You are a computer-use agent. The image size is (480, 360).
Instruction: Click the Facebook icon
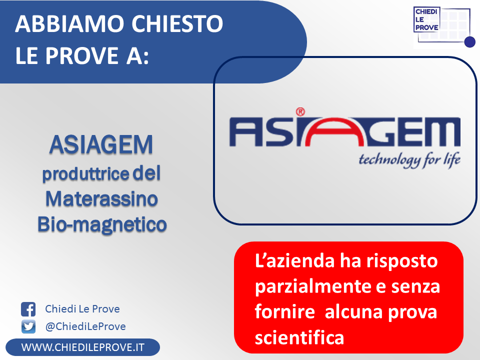pyautogui.click(x=28, y=309)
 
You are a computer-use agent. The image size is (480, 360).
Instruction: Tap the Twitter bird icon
pyautogui.click(x=28, y=326)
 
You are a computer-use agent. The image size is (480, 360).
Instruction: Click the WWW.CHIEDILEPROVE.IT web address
pyautogui.click(x=82, y=347)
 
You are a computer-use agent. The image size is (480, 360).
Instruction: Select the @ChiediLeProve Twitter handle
pyautogui.click(x=85, y=326)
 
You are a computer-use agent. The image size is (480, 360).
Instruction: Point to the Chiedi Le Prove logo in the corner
pyautogui.click(x=444, y=27)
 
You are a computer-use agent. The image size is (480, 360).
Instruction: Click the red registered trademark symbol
pyautogui.click(x=300, y=112)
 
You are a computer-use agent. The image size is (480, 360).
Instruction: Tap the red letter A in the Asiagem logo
pyautogui.click(x=335, y=132)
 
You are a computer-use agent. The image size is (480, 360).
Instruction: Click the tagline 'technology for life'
pyautogui.click(x=409, y=160)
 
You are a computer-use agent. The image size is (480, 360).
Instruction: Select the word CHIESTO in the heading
pyautogui.click(x=177, y=23)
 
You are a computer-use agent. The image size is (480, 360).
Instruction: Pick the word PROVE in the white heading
pyautogui.click(x=82, y=55)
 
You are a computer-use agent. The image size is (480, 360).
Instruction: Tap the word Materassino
pyautogui.click(x=101, y=199)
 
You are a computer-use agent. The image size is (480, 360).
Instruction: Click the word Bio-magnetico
pyautogui.click(x=102, y=225)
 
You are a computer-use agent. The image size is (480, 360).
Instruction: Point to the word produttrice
pyautogui.click(x=85, y=174)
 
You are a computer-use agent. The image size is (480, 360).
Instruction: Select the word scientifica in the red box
pyautogui.click(x=299, y=337)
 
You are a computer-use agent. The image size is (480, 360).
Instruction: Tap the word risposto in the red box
pyautogui.click(x=402, y=261)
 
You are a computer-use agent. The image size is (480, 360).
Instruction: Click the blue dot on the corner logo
pyautogui.click(x=470, y=42)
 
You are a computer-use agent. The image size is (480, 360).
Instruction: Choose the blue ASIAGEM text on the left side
pyautogui.click(x=101, y=144)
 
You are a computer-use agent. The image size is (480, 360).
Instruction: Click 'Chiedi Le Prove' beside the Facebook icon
pyautogui.click(x=82, y=309)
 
